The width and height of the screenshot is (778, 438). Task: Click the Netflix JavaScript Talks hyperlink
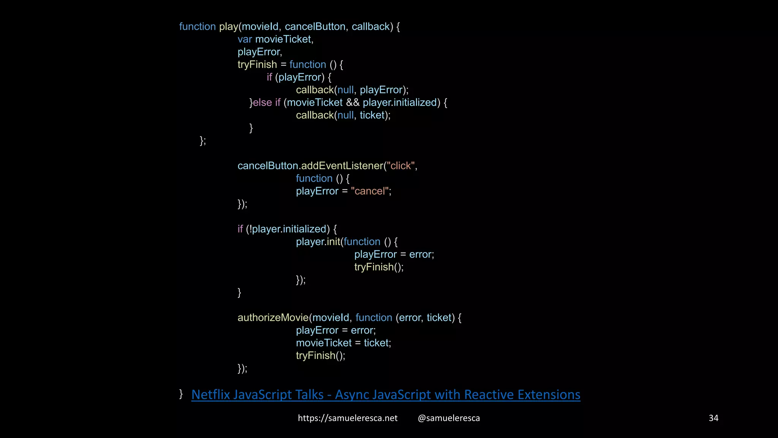tap(386, 395)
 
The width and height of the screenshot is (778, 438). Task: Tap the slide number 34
tap(713, 418)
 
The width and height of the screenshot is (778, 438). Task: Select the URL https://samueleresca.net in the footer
tap(347, 418)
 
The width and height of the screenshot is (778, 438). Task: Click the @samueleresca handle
tap(449, 418)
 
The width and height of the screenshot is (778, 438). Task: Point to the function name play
tap(228, 27)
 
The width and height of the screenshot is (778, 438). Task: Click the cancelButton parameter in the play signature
tap(315, 27)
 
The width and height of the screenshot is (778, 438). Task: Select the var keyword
tap(245, 39)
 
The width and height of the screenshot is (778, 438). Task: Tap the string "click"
tap(400, 166)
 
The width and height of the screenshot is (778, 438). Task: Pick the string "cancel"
tap(370, 191)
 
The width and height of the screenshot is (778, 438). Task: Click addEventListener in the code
tap(342, 166)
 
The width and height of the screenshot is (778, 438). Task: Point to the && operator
tap(353, 103)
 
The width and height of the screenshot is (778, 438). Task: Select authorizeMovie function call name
tap(273, 317)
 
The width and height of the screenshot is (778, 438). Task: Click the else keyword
tap(262, 103)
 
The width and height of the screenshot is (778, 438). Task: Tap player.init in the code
tap(318, 242)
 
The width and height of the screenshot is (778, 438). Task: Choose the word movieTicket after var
tap(283, 39)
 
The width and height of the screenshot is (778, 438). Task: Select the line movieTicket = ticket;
tap(343, 343)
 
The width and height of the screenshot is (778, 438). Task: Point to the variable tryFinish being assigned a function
tap(257, 65)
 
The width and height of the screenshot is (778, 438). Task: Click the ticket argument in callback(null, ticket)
tap(372, 115)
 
